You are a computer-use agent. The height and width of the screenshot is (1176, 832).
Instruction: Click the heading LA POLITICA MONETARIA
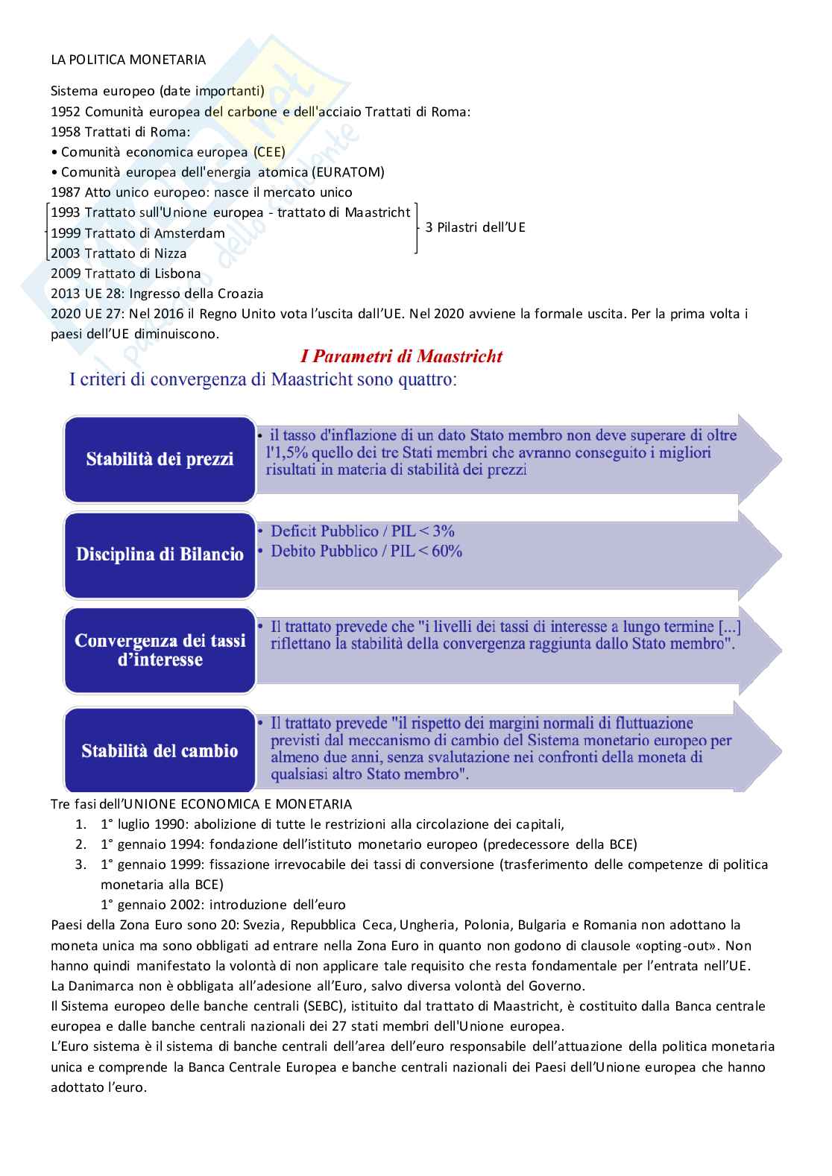pos(128,60)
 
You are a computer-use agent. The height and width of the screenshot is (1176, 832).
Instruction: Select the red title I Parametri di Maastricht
pos(401,356)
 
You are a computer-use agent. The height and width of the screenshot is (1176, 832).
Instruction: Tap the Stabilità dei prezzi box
pos(160,459)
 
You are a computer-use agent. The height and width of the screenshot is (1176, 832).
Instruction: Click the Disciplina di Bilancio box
pos(160,554)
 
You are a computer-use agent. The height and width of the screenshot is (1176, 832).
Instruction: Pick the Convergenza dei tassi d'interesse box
pos(160,651)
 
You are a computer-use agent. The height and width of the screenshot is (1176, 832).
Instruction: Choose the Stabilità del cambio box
pos(160,750)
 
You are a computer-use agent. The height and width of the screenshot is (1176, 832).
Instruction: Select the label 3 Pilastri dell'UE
pos(475,227)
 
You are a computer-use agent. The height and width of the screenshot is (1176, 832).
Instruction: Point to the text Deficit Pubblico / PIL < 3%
pos(362,531)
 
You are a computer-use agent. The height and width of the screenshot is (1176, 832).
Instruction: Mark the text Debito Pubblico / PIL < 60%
pos(366,551)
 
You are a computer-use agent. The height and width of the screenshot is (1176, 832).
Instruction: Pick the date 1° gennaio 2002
pos(151,905)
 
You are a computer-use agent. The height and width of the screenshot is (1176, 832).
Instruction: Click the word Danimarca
pos(96,986)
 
